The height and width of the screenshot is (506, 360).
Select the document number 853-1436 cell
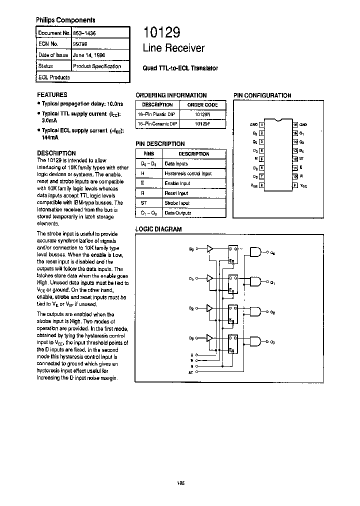85,33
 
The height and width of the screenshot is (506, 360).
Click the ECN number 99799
80,44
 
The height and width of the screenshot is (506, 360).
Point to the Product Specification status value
97,66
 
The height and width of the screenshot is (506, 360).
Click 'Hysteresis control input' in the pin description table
188,173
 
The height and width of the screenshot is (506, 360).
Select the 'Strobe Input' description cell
177,203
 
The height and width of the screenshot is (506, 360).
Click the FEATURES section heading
52,94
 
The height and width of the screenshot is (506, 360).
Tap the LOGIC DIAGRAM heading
158,229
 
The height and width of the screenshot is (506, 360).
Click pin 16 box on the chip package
295,124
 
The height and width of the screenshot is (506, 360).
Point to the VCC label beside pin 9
303,185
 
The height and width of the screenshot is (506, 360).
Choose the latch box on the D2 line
233,312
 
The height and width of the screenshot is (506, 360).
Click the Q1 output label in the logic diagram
272,283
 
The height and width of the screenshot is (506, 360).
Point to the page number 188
180,483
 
